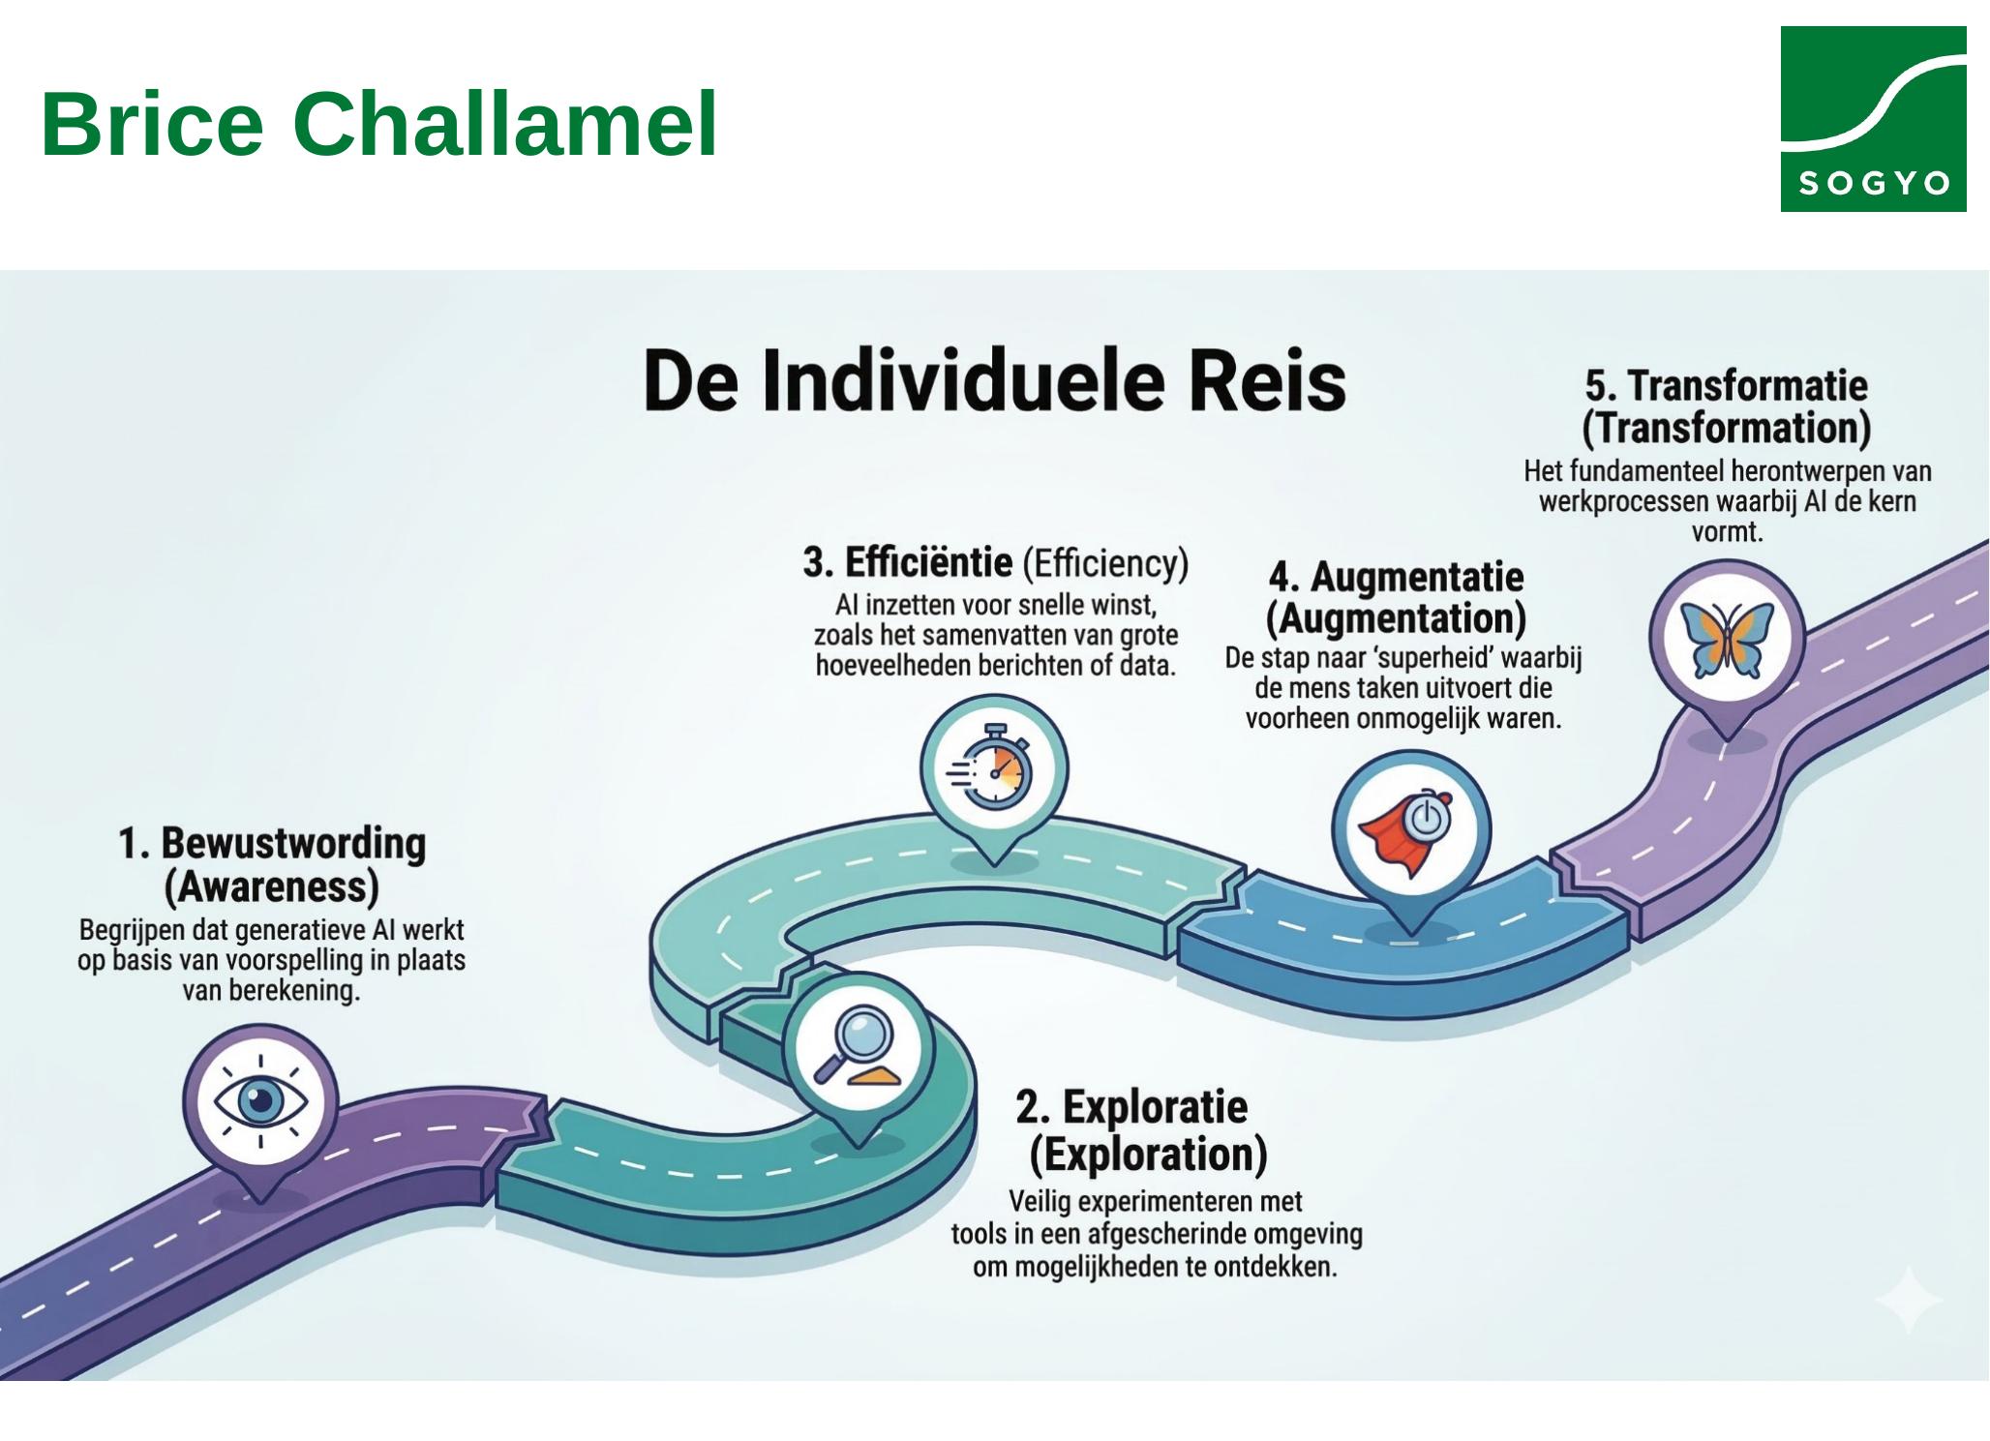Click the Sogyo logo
1872,118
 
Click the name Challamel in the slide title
504,124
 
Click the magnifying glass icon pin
859,1048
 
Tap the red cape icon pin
1410,829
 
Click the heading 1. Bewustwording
272,844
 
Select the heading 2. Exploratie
1131,1106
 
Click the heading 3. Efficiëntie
908,562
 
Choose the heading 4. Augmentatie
1396,578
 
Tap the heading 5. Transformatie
1726,385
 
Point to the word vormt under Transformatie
1727,532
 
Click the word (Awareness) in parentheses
272,886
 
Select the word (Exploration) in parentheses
1148,1155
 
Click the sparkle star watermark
1908,1299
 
